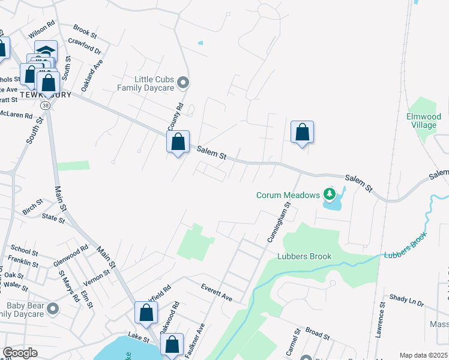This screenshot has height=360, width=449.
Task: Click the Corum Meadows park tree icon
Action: (x=328, y=194)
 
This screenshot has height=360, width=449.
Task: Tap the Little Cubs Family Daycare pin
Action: (x=184, y=83)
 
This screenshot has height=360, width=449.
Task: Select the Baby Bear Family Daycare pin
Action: (x=53, y=309)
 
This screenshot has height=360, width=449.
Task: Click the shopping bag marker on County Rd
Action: (x=178, y=143)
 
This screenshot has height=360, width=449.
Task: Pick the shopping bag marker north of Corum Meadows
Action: (x=303, y=133)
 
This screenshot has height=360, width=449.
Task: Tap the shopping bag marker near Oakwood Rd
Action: (x=146, y=313)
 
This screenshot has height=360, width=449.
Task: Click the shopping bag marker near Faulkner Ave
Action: (x=172, y=345)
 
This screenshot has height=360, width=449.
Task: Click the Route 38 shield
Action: (x=46, y=105)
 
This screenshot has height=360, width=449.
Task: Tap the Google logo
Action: (x=19, y=353)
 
